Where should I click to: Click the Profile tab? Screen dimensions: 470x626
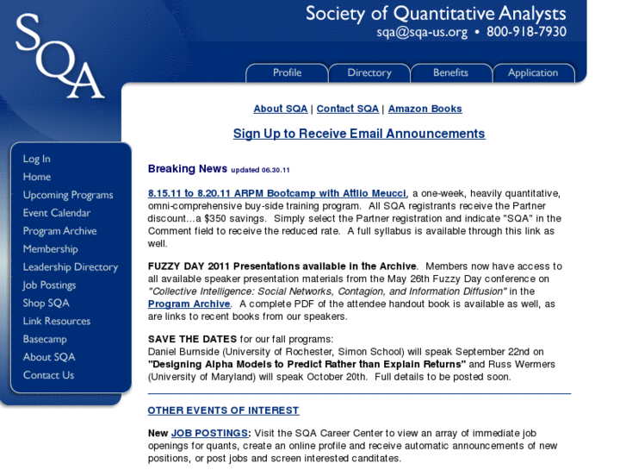[287, 73]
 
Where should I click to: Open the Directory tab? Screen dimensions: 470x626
[369, 73]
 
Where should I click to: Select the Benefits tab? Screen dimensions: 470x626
[450, 73]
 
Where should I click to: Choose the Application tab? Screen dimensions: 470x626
[533, 73]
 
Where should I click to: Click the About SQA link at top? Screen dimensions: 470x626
[280, 109]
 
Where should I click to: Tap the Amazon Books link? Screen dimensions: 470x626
[425, 109]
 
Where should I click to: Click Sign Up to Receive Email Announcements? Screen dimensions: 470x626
[359, 134]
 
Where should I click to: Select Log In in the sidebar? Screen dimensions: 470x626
[36, 159]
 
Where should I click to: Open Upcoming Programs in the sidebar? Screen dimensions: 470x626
[68, 195]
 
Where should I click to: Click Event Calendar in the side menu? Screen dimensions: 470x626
[57, 213]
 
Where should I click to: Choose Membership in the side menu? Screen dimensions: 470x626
[50, 249]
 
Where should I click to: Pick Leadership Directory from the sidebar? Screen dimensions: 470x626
[71, 267]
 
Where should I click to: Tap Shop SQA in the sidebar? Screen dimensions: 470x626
[46, 303]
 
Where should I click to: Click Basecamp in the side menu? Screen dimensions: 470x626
[45, 339]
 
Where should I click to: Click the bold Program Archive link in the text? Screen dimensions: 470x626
[189, 304]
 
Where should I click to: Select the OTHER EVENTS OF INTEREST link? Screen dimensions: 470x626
[223, 410]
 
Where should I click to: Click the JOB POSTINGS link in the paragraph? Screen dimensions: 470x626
[210, 433]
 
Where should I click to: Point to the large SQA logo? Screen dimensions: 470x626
[59, 55]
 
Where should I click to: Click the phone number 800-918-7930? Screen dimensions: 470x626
[526, 33]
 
